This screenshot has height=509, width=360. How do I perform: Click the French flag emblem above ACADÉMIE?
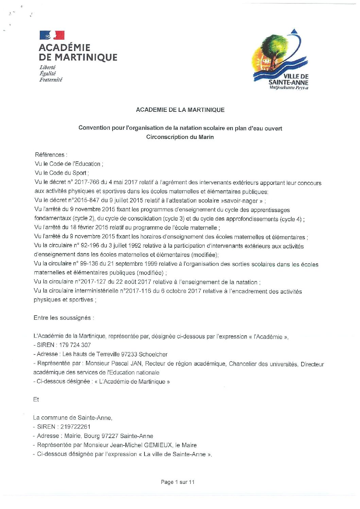tap(52, 35)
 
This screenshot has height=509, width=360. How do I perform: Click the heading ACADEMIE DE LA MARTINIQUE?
tap(180, 110)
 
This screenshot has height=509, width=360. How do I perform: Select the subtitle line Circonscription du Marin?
tap(180, 137)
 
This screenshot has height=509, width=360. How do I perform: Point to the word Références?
tap(50, 155)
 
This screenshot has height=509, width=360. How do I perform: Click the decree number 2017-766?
tap(87, 182)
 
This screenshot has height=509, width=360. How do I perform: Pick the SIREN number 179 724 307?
tap(75, 345)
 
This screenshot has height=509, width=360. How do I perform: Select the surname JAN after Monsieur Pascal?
tap(136, 363)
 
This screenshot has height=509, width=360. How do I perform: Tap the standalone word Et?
tap(36, 400)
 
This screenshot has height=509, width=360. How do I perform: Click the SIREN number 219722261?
tap(75, 427)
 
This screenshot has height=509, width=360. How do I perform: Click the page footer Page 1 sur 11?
tap(177, 482)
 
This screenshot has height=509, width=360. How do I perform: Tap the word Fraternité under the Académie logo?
tap(51, 80)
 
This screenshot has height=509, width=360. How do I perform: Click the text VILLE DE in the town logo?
tap(296, 76)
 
